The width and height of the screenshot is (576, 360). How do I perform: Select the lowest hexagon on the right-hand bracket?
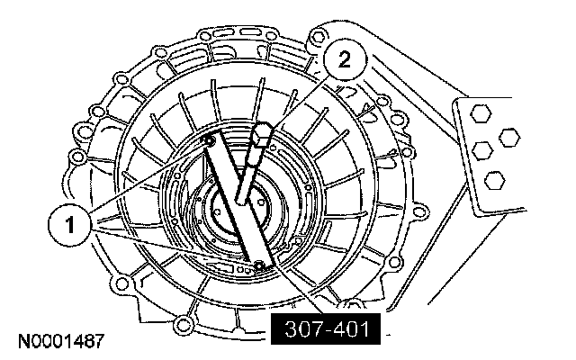[493, 181]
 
